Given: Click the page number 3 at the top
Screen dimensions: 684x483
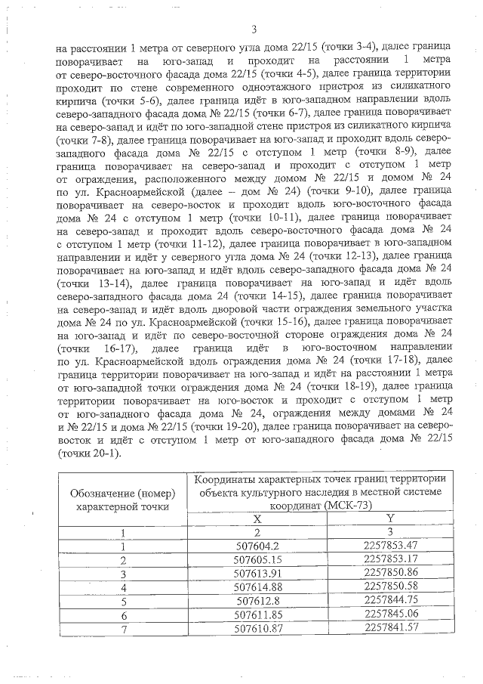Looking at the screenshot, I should tap(254, 29).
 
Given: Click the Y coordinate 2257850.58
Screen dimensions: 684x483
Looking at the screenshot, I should tap(390, 585).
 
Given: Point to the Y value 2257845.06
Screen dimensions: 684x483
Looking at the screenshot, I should tap(390, 613).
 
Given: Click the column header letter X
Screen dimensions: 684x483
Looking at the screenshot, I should tap(257, 518).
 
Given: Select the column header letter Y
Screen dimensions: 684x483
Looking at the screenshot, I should tap(390, 518).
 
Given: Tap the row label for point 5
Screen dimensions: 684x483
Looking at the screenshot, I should tap(122, 599).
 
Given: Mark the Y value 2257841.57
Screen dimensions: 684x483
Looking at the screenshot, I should tap(390, 627).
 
